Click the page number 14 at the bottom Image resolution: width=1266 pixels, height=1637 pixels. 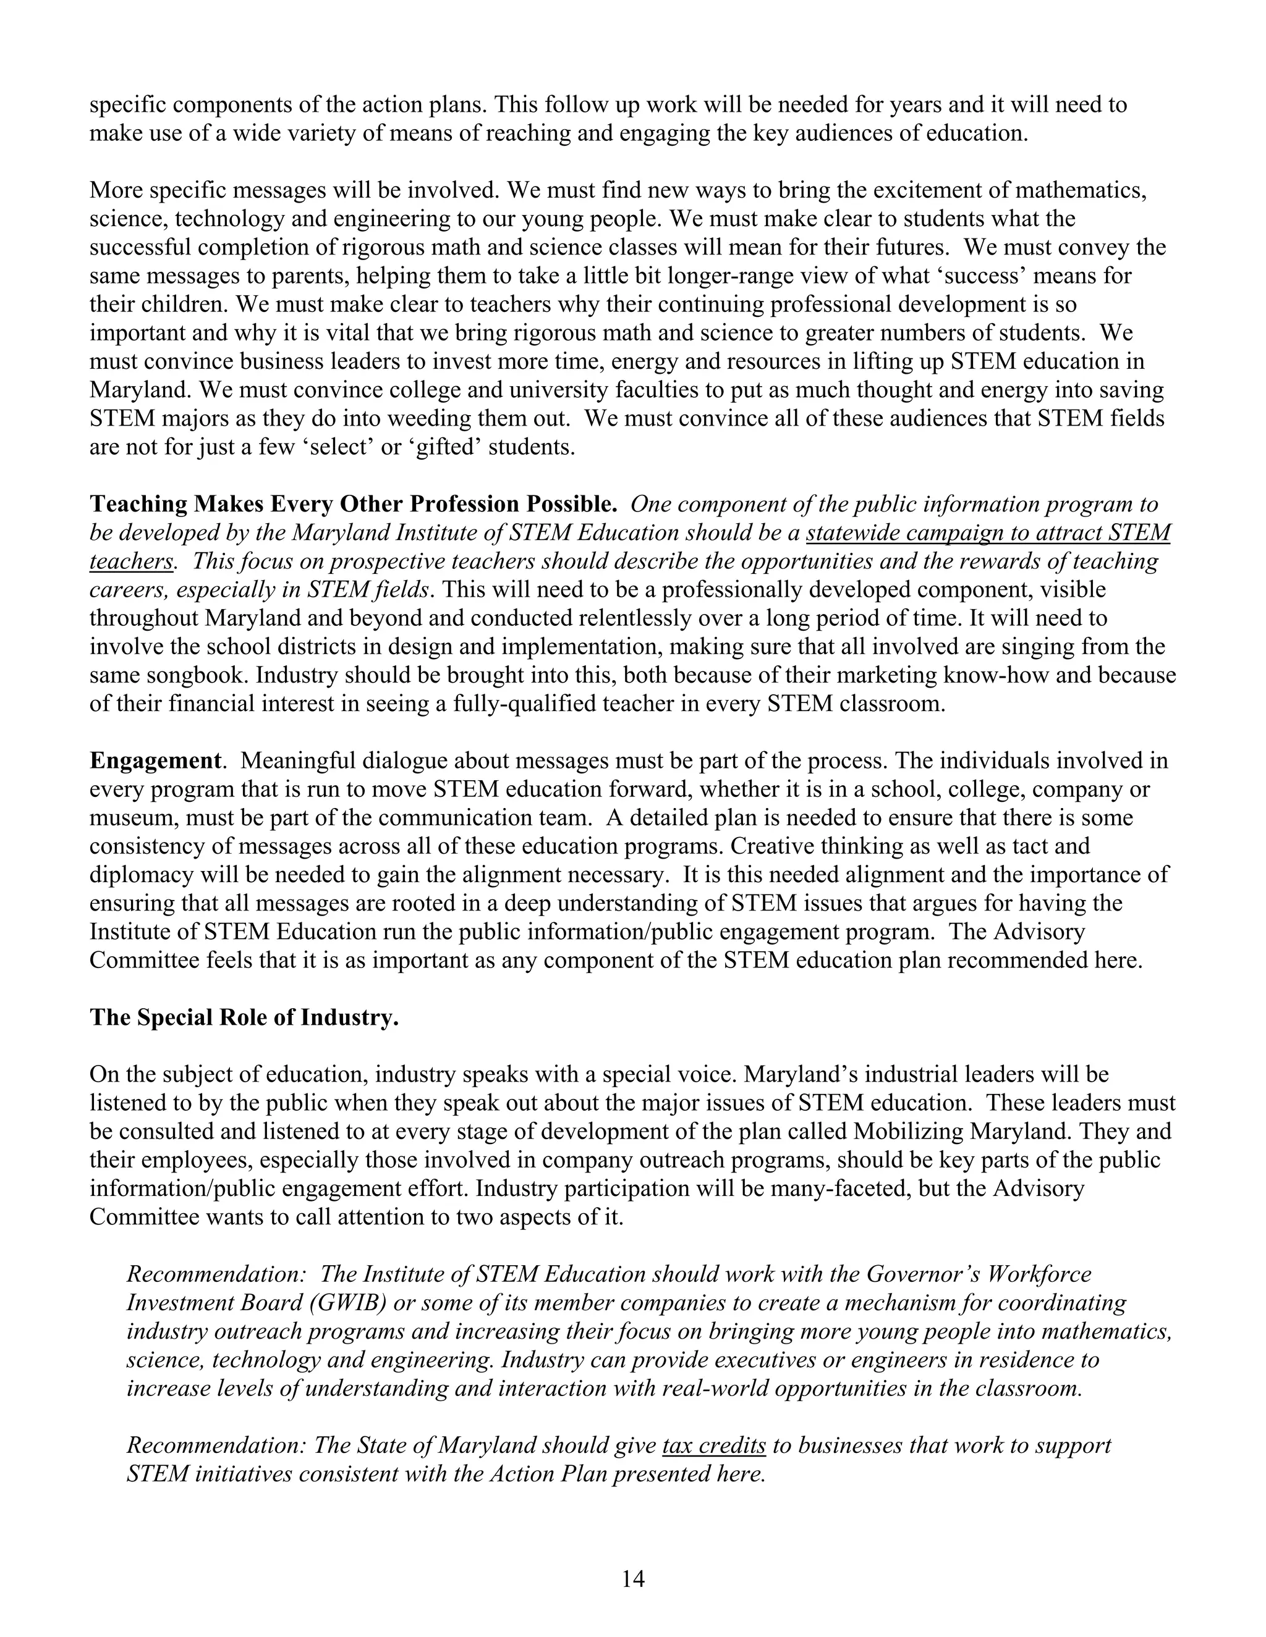pyautogui.click(x=632, y=1580)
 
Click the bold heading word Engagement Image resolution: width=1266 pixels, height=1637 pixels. pyautogui.click(x=155, y=761)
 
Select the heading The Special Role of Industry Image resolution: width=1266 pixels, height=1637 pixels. pyautogui.click(x=244, y=1017)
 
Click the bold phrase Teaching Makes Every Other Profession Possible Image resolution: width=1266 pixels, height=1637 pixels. pyautogui.click(x=353, y=503)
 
